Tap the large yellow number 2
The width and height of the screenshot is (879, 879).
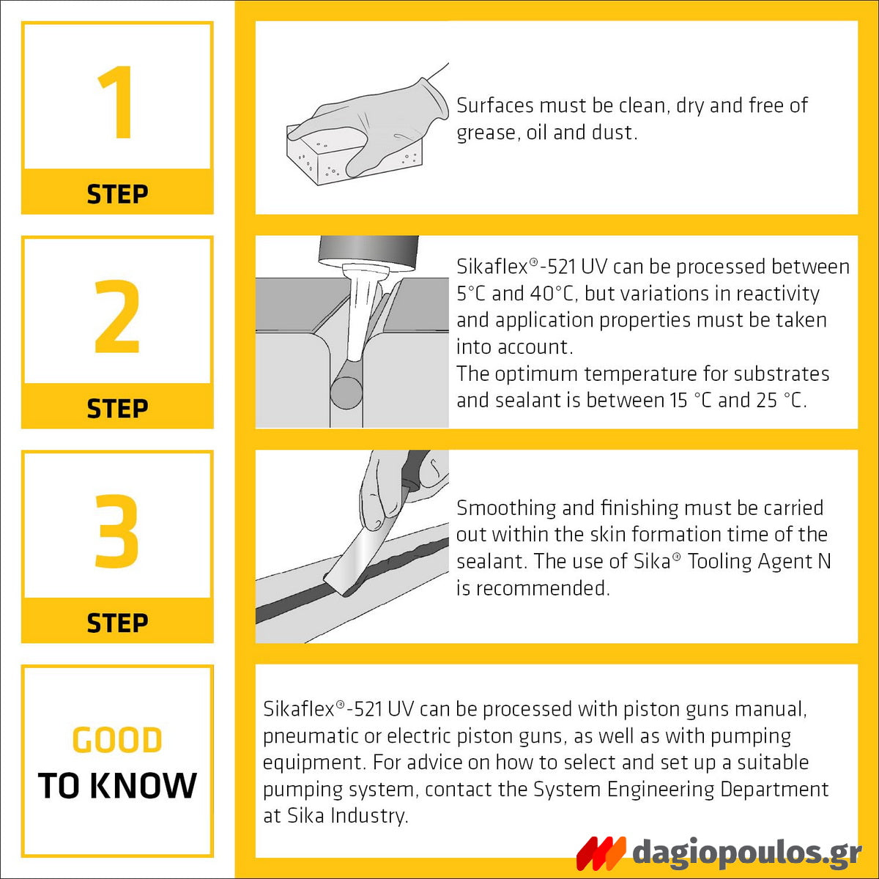pyautogui.click(x=117, y=316)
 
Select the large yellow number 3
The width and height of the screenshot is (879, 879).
pyautogui.click(x=117, y=531)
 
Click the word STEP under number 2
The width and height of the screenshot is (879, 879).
pyautogui.click(x=117, y=408)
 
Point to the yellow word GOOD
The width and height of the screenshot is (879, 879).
pyautogui.click(x=117, y=741)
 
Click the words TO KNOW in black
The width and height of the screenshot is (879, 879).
pyautogui.click(x=117, y=786)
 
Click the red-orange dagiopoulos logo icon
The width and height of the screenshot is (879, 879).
pyautogui.click(x=601, y=853)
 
